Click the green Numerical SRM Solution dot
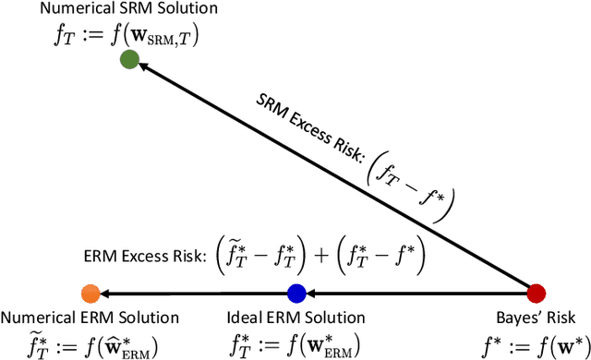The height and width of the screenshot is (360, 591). (129, 60)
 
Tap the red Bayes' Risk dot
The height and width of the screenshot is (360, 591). (536, 294)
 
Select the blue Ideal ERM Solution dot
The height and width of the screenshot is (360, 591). (296, 294)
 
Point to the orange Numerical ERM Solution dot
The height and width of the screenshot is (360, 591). (90, 294)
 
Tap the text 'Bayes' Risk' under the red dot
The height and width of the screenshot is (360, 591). (536, 318)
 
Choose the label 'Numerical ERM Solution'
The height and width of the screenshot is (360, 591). (90, 318)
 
